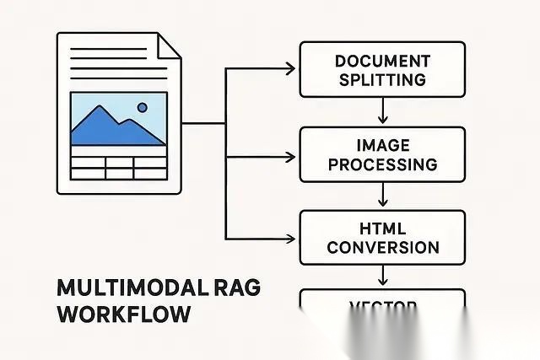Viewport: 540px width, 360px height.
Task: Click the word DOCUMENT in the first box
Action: click(382, 62)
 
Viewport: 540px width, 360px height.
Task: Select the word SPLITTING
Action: click(382, 80)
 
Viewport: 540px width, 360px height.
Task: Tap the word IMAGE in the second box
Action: click(382, 145)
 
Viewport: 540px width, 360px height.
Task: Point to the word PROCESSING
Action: click(382, 164)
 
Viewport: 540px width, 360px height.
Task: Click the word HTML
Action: click(382, 228)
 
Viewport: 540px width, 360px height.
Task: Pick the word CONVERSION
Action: click(382, 247)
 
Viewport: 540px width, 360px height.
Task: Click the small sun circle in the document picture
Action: click(142, 108)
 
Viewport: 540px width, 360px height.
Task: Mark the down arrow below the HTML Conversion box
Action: click(384, 277)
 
